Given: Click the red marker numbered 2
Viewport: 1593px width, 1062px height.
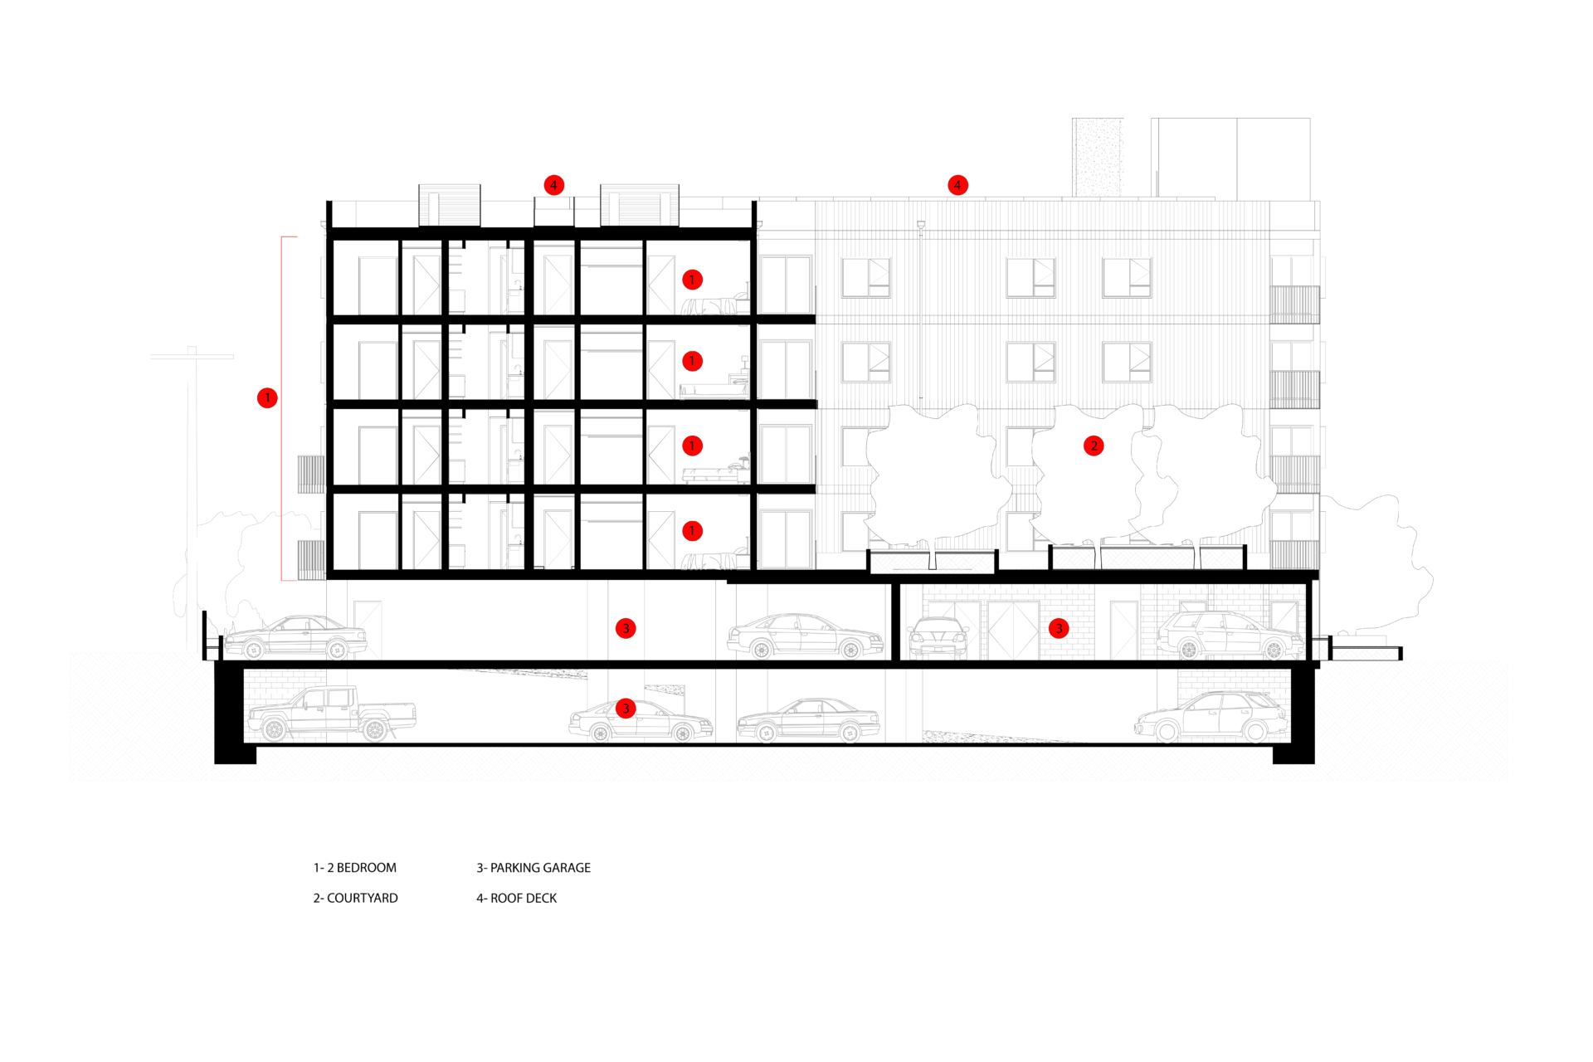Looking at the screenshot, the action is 1094,446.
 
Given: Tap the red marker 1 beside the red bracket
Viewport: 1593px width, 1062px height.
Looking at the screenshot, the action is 267,398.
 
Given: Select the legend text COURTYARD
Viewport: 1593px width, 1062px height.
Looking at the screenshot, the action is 363,898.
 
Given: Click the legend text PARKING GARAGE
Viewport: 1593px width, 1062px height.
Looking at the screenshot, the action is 540,868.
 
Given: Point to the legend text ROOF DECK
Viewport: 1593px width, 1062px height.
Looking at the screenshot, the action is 524,898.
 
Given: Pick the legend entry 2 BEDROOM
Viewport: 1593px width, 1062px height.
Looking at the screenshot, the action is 362,868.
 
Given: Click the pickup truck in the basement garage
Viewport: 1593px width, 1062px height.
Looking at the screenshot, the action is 331,714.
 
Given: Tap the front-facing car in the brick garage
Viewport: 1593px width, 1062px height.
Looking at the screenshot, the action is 938,638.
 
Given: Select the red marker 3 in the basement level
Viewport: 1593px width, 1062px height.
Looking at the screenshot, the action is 626,709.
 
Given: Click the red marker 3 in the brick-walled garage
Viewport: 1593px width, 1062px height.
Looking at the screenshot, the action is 1059,628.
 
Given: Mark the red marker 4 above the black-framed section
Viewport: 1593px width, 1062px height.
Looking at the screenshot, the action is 553,185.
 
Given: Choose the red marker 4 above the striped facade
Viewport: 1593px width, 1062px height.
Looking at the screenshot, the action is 957,185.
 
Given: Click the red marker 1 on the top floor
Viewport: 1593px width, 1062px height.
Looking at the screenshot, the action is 692,280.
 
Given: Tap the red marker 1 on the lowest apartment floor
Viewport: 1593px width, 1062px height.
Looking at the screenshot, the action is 692,531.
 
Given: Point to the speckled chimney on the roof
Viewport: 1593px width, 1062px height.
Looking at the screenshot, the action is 1098,158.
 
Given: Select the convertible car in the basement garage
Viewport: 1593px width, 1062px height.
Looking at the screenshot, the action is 809,719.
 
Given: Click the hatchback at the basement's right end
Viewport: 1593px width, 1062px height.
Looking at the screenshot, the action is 1211,716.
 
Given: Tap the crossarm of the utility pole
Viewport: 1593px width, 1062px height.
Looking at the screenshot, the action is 192,357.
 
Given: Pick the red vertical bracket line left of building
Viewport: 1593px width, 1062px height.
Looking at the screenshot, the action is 282,408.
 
